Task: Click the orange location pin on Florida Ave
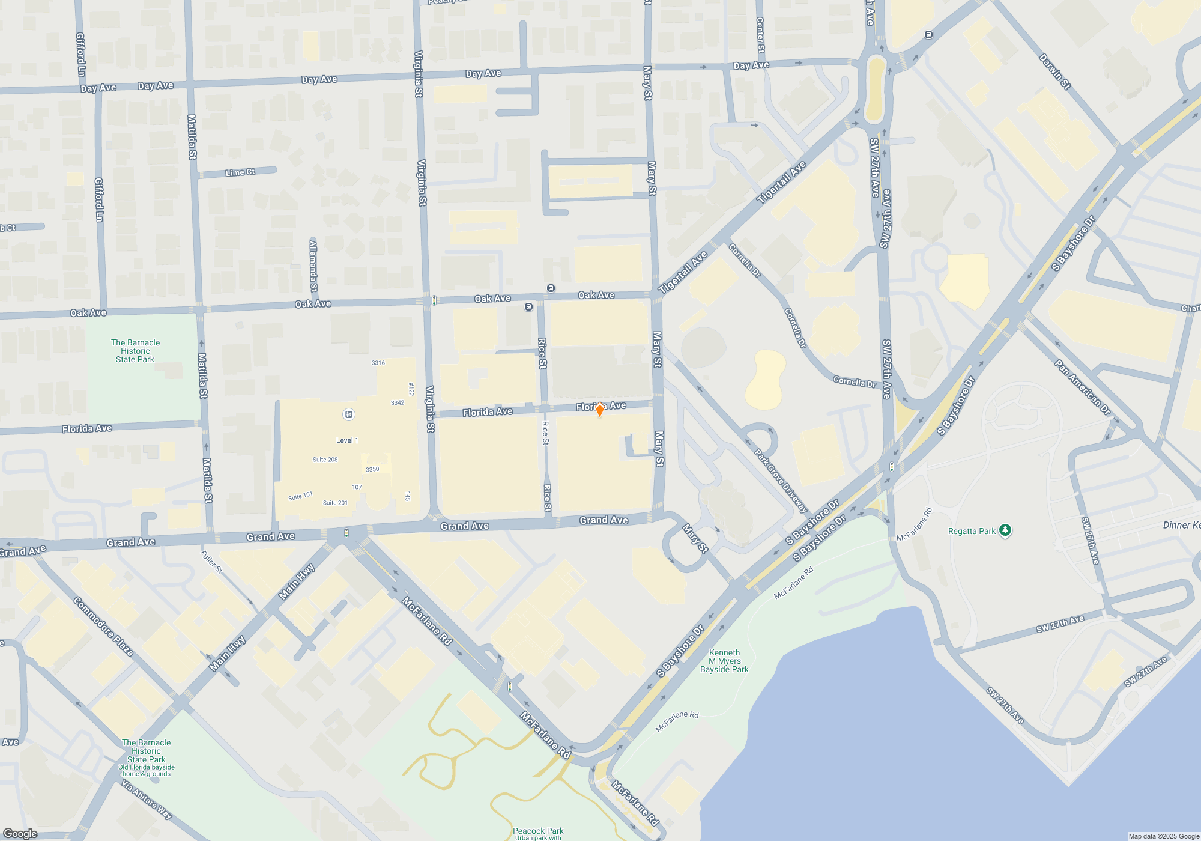(599, 410)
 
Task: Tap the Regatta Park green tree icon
(1005, 530)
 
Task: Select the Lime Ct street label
(240, 172)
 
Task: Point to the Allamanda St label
(313, 266)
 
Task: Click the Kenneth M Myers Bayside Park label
(724, 661)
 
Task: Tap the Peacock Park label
(538, 831)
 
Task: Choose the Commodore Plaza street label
(103, 626)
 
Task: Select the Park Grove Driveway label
(781, 481)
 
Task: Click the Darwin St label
(1055, 71)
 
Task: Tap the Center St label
(760, 35)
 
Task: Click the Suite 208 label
(325, 460)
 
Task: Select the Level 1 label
(347, 440)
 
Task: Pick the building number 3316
(378, 363)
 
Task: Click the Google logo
(20, 834)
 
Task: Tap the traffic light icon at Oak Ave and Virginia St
(434, 300)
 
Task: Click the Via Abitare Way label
(147, 800)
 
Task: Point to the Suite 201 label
(335, 503)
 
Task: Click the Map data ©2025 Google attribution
(1163, 836)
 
